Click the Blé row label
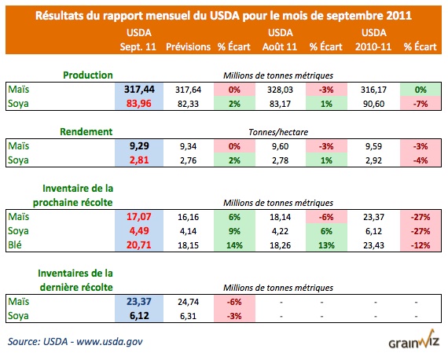(14, 244)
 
